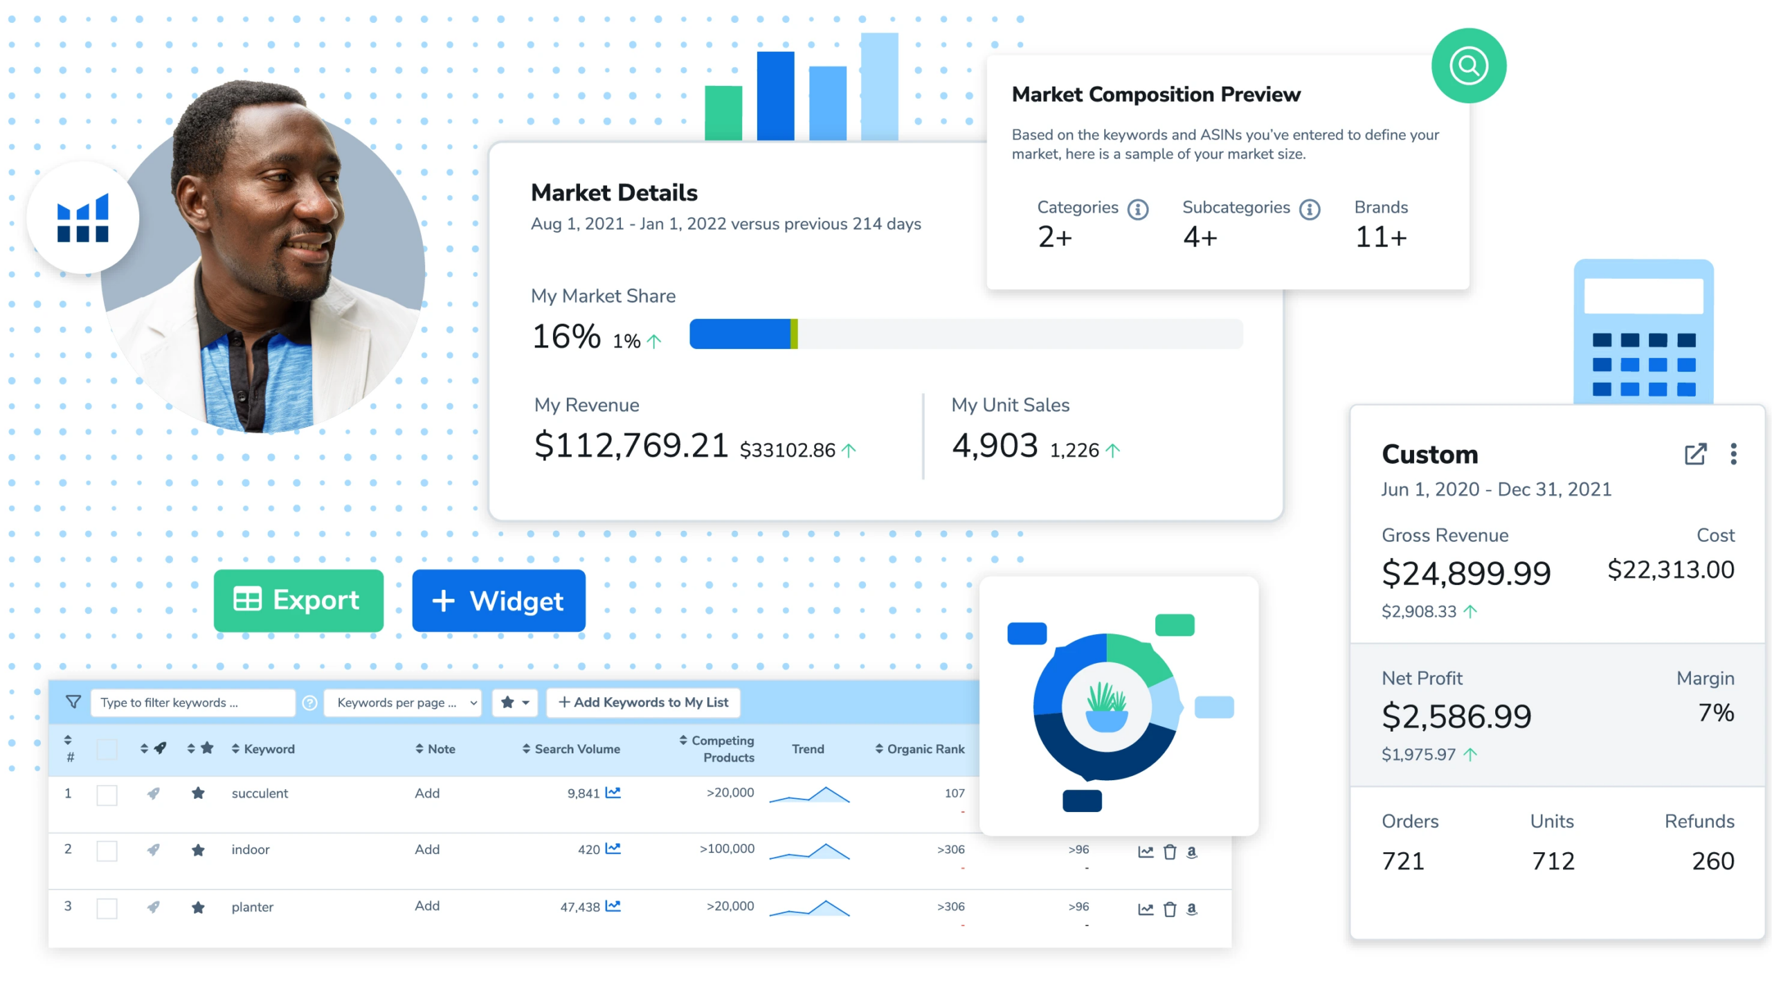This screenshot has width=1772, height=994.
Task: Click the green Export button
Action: click(x=298, y=600)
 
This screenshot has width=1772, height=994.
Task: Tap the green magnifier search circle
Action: click(x=1468, y=66)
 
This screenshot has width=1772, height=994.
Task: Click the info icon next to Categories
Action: click(x=1137, y=209)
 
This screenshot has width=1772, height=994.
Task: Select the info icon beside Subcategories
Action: click(x=1309, y=209)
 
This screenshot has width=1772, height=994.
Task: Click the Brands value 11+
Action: click(x=1380, y=237)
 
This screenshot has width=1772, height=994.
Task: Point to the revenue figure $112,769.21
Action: click(x=631, y=445)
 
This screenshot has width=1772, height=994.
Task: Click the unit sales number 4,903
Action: click(x=995, y=445)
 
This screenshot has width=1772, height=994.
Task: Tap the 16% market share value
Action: click(x=566, y=336)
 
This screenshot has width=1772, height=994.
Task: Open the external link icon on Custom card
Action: click(x=1694, y=454)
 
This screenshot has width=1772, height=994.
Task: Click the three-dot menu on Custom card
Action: click(x=1733, y=454)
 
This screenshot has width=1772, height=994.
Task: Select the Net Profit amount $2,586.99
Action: click(x=1456, y=716)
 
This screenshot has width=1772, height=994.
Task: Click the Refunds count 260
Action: click(x=1712, y=861)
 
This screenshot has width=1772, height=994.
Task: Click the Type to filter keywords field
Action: click(x=192, y=703)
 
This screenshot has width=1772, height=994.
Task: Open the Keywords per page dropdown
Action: click(x=403, y=703)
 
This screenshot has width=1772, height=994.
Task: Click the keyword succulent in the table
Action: click(x=260, y=794)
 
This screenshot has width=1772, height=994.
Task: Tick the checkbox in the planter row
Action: click(x=107, y=908)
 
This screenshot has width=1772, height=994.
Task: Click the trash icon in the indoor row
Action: click(x=1169, y=852)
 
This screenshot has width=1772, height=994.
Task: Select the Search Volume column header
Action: click(x=577, y=749)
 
